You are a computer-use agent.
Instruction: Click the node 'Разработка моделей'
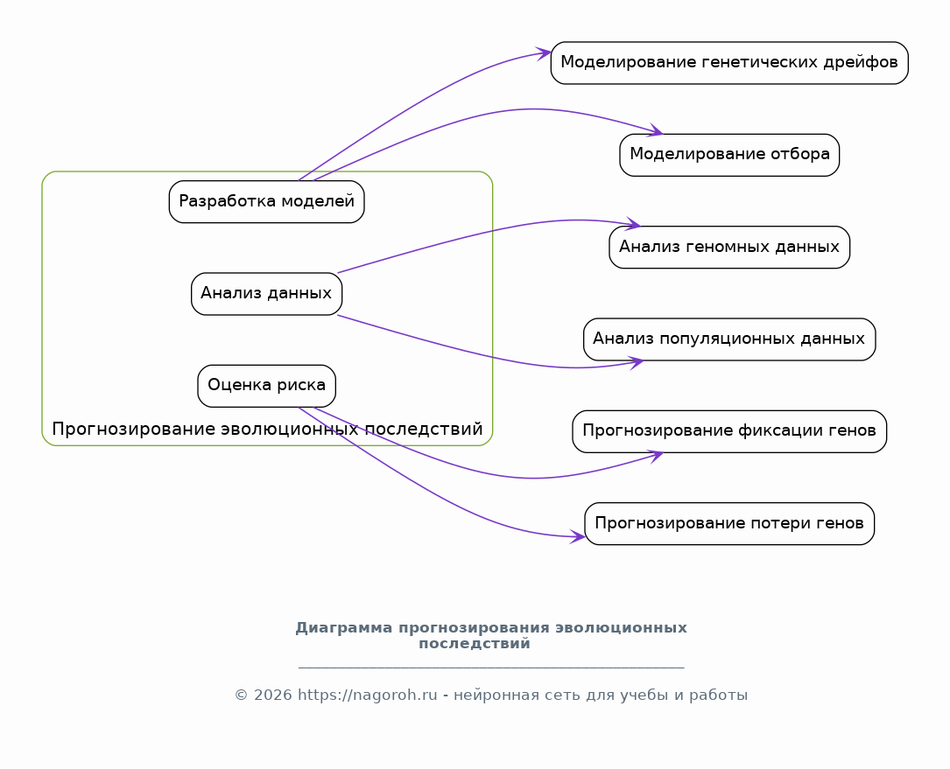(x=266, y=201)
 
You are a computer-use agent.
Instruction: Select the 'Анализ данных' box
(x=266, y=294)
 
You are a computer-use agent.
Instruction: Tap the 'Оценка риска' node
(x=266, y=386)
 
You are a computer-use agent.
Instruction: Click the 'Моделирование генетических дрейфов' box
(x=729, y=63)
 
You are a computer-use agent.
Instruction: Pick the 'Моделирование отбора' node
(x=729, y=155)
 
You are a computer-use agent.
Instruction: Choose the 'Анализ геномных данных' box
(x=729, y=247)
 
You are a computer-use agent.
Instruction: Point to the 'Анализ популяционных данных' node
(x=729, y=339)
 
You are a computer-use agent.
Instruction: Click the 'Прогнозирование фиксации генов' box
(x=729, y=431)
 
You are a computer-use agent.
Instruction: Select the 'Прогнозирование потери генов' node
(x=729, y=523)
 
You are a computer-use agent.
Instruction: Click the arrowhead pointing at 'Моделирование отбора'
(x=656, y=129)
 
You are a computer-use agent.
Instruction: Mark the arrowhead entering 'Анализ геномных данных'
(x=633, y=224)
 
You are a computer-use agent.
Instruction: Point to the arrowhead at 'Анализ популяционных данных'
(x=636, y=363)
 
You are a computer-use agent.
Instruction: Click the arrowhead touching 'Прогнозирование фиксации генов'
(x=656, y=456)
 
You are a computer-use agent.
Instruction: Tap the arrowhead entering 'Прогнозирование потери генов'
(x=578, y=536)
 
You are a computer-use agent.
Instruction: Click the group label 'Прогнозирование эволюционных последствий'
(x=267, y=430)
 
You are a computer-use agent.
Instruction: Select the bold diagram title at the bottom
(x=491, y=636)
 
